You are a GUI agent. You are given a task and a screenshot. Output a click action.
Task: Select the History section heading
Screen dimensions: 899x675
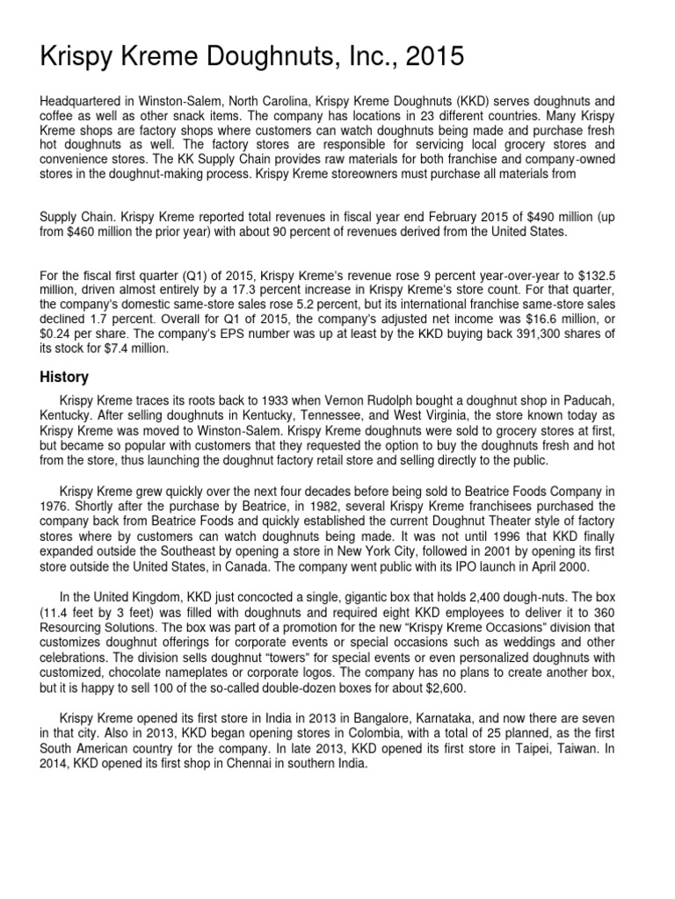64,377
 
